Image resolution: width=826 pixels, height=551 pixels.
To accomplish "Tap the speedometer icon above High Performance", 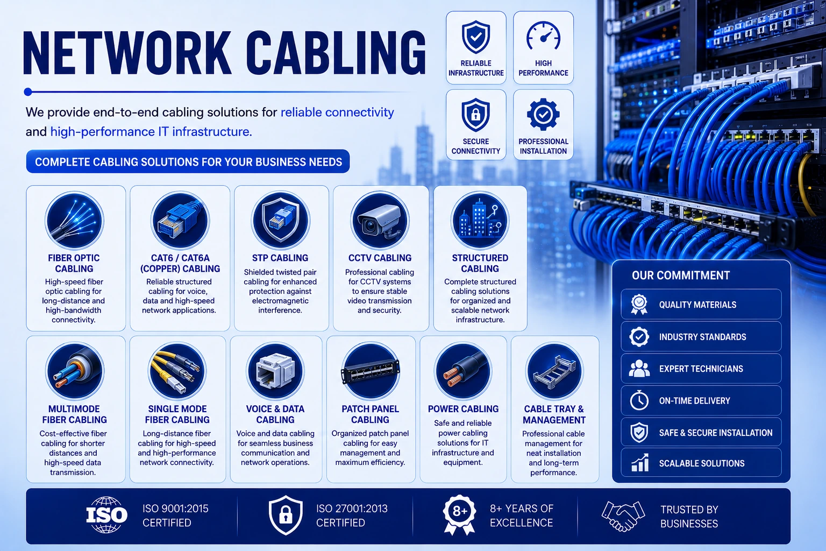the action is click(543, 36).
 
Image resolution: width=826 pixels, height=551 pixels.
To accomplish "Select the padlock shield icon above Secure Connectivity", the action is click(476, 115).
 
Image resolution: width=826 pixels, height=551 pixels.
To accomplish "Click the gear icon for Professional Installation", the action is click(543, 115).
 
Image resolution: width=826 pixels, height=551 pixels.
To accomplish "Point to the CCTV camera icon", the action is click(380, 220).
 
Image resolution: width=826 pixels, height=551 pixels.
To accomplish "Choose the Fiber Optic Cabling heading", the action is click(74, 263).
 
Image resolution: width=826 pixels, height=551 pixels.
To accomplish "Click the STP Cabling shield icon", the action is click(280, 220).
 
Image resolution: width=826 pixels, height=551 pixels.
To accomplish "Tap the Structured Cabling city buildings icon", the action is click(480, 220).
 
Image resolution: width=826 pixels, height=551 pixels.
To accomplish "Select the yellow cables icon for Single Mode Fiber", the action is click(177, 371).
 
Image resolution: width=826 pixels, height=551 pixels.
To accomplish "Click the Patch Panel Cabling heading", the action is click(370, 414).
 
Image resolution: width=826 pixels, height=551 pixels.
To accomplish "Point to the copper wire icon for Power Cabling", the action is click(463, 371).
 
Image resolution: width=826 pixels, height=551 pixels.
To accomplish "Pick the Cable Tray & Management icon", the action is click(554, 371).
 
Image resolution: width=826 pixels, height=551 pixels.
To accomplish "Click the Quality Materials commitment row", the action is click(701, 305).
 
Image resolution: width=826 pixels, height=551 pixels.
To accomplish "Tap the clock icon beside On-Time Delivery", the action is click(639, 400).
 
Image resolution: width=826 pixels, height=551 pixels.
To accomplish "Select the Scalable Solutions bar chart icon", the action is click(640, 463).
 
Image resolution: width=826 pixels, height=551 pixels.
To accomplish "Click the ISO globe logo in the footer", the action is click(106, 514).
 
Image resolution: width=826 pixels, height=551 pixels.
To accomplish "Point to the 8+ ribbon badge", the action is click(459, 514).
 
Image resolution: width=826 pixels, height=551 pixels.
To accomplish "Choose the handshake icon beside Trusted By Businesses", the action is click(623, 516).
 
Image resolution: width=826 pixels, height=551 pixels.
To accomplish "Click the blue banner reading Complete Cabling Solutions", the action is click(188, 161).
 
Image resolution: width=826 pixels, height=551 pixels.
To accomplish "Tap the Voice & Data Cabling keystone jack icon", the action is click(275, 371).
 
